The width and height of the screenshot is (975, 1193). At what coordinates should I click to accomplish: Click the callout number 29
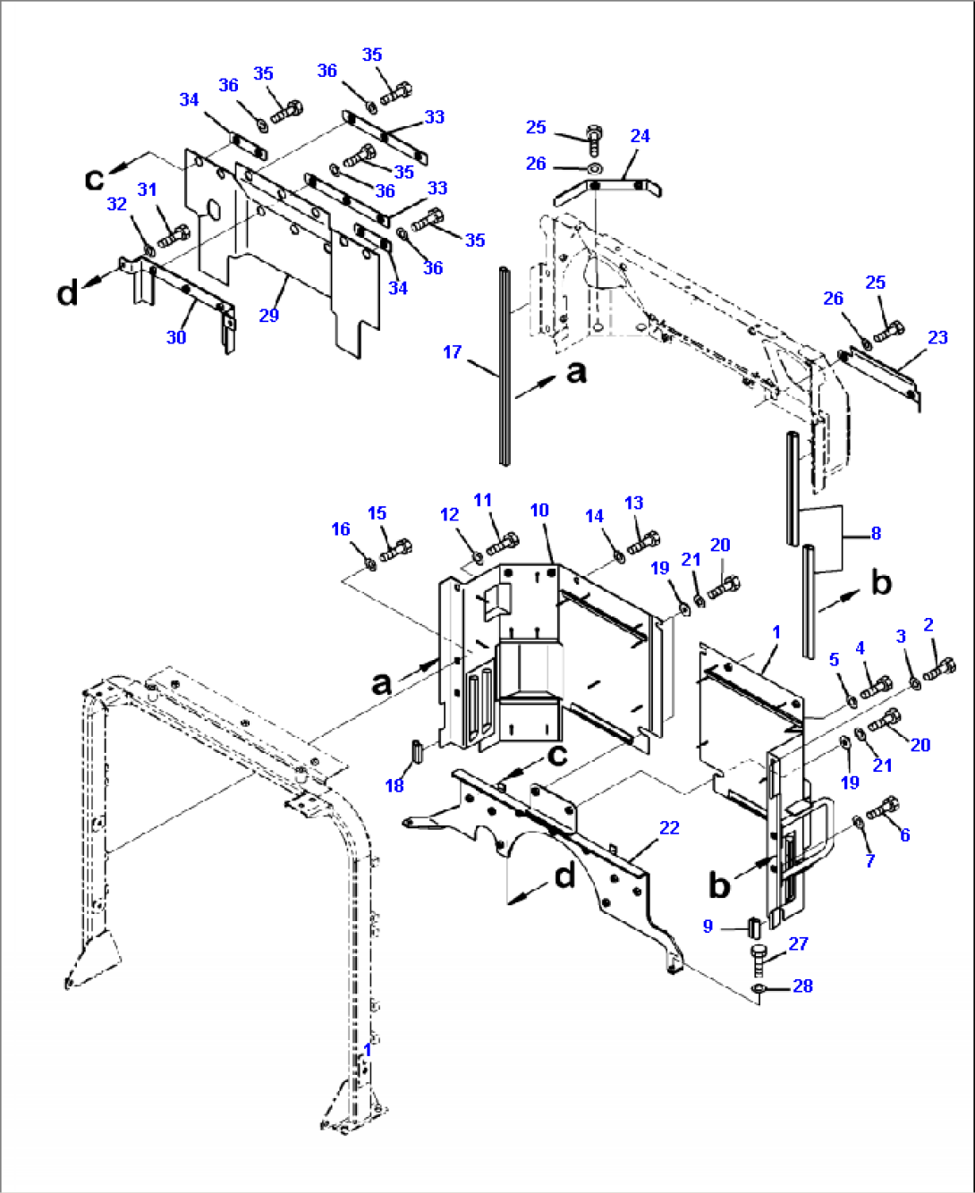[x=269, y=315]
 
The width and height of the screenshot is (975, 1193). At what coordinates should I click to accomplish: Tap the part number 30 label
[x=176, y=337]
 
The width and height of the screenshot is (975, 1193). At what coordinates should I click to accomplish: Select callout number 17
[x=452, y=352]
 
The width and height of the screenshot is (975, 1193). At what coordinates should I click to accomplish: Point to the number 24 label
[x=640, y=136]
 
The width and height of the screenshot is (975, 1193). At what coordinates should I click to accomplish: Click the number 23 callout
[x=937, y=337]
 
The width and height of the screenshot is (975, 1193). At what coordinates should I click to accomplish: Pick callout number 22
[x=669, y=828]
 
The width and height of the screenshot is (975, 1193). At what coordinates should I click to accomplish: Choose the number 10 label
[x=539, y=511]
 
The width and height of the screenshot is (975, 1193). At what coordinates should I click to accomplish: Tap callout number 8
[x=876, y=534]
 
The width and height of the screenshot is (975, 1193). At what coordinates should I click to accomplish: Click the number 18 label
[x=394, y=785]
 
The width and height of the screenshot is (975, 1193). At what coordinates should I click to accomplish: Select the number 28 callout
[x=802, y=986]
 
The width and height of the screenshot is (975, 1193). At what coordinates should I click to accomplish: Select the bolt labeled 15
[x=395, y=549]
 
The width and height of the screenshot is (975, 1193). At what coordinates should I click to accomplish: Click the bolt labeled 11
[x=503, y=543]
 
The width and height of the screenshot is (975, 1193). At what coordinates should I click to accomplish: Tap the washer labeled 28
[x=758, y=988]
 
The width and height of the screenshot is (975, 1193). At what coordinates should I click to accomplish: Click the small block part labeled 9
[x=753, y=925]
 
